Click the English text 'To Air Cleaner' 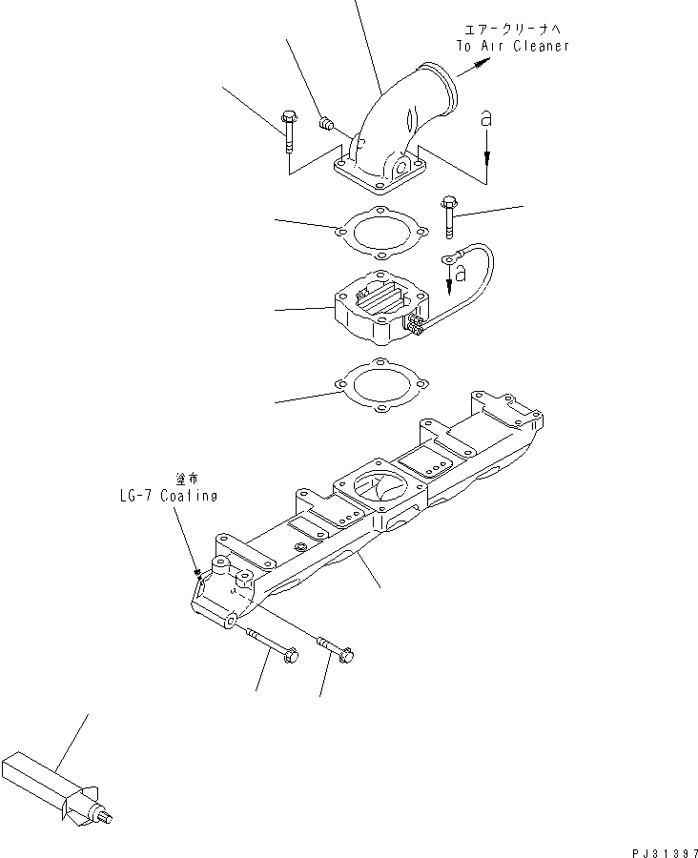pos(512,46)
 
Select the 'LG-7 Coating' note pos(162,496)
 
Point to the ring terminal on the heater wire pos(446,258)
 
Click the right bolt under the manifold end pos(335,648)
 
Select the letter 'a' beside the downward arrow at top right pos(486,120)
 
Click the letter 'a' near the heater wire pos(461,274)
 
